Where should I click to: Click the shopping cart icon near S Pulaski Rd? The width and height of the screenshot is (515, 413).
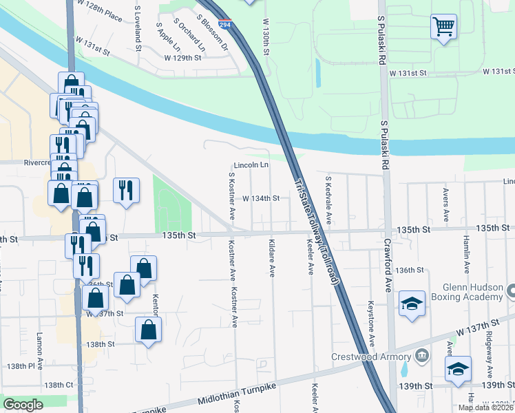[444, 28]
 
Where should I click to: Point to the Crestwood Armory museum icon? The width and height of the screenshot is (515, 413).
[421, 356]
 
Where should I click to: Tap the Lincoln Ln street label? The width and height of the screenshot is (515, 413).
[251, 166]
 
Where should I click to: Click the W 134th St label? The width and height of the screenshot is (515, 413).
[261, 198]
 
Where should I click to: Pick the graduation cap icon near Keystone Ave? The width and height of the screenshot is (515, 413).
[411, 304]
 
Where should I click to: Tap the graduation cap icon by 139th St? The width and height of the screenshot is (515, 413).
[458, 369]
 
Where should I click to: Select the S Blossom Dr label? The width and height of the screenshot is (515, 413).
[211, 33]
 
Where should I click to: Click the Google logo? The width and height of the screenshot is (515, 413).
[23, 405]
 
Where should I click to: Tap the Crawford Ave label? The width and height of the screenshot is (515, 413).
[388, 262]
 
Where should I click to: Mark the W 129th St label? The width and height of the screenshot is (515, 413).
[182, 59]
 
